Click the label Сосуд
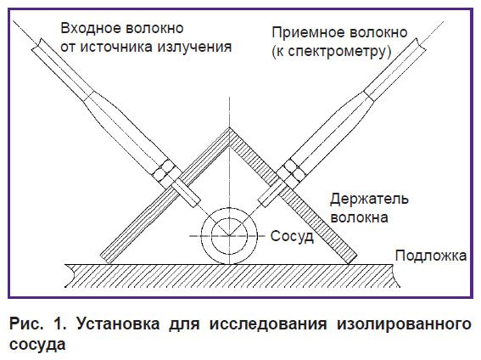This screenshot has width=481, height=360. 292,236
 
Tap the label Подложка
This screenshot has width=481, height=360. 431,256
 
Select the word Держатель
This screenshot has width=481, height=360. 369,200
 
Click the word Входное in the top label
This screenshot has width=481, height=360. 89,28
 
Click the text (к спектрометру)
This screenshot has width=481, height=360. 332,52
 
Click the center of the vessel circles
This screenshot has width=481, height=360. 229,236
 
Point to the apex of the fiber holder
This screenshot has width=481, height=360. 229,127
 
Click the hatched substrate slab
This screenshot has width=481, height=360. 232,276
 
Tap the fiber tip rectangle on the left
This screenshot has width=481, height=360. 186,194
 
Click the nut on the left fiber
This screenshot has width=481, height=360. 164,172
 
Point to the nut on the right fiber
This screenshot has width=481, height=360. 294,172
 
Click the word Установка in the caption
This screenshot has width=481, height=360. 118,324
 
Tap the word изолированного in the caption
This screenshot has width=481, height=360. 404,324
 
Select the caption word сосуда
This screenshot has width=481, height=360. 37,345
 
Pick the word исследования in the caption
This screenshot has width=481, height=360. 268,324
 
